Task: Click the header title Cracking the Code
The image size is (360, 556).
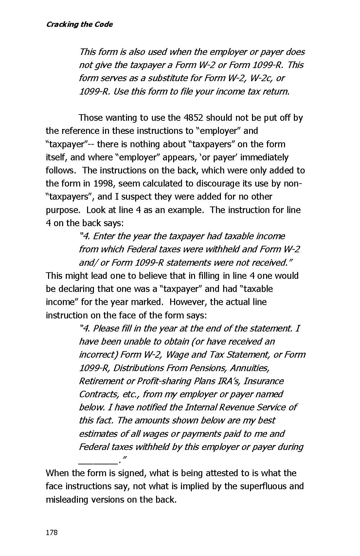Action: click(79, 25)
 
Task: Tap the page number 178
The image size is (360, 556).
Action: click(52, 532)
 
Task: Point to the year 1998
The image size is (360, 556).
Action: click(104, 184)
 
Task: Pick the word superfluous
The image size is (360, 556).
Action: click(264, 486)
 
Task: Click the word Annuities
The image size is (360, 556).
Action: click(250, 368)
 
